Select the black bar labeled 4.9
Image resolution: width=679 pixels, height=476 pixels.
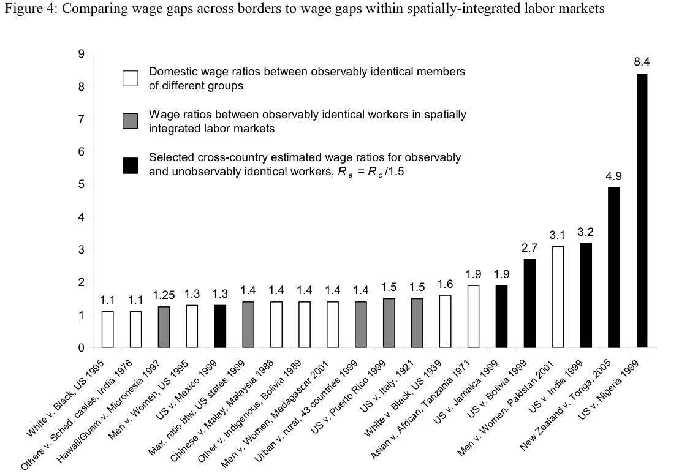pyautogui.click(x=613, y=267)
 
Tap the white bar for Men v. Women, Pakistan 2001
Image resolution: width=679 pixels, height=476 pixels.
pyautogui.click(x=557, y=297)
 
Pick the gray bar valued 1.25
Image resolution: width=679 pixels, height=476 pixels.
pyautogui.click(x=163, y=327)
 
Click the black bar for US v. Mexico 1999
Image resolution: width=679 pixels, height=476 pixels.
pyautogui.click(x=219, y=326)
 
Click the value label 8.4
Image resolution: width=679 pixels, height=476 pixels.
pyautogui.click(x=642, y=62)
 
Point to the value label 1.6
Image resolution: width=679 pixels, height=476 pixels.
pyautogui.click(x=445, y=284)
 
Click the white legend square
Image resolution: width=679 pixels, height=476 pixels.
pyautogui.click(x=131, y=78)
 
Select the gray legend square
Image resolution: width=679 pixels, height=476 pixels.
pyautogui.click(x=131, y=121)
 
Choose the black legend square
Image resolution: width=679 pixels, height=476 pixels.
pyautogui.click(x=131, y=165)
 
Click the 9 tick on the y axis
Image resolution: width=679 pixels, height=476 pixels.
pyautogui.click(x=81, y=54)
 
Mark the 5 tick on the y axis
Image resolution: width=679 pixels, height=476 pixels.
pyautogui.click(x=81, y=184)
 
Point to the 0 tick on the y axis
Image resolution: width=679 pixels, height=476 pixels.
pyautogui.click(x=81, y=348)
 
